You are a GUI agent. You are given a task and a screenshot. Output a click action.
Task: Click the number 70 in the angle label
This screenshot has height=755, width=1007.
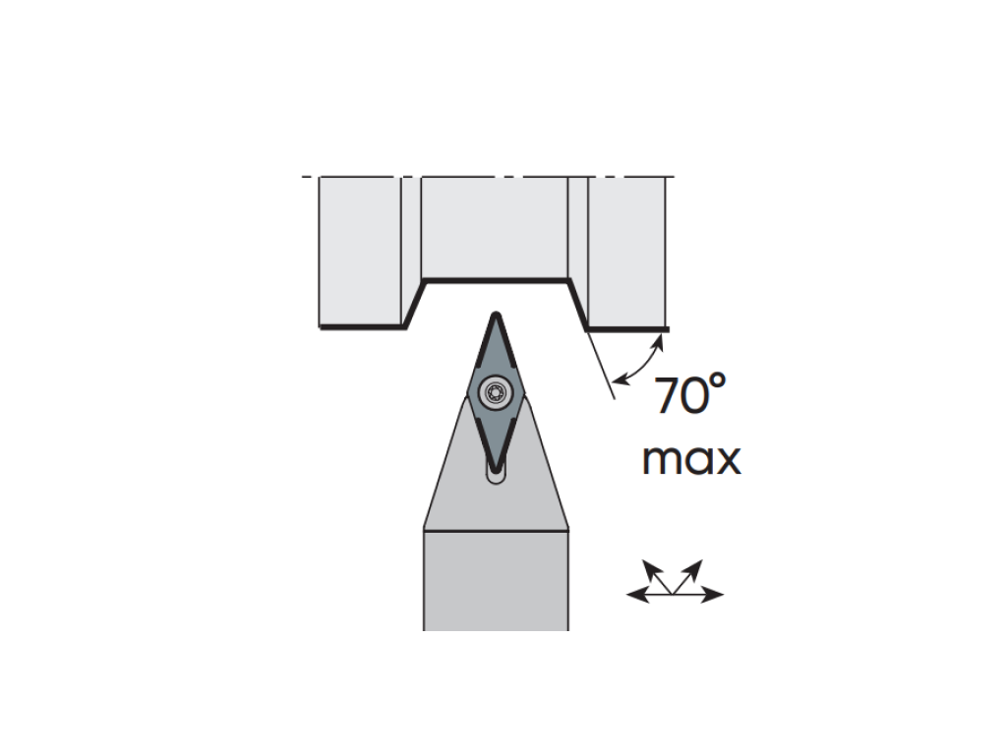click(x=681, y=395)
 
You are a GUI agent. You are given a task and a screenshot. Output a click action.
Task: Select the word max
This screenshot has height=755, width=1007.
click(x=691, y=459)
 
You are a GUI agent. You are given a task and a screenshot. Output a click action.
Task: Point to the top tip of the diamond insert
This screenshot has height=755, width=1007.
click(x=496, y=313)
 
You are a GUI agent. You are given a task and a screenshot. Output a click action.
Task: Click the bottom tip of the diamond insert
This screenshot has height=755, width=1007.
click(x=496, y=472)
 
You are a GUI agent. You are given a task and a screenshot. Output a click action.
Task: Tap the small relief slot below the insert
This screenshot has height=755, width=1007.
click(x=496, y=476)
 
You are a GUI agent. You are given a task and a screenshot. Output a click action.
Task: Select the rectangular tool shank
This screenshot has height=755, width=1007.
click(x=496, y=580)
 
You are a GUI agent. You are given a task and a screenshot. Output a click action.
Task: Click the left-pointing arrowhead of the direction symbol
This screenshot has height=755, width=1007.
click(x=637, y=595)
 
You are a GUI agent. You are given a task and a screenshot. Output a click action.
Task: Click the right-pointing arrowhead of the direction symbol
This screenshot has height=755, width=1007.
click(x=713, y=595)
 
